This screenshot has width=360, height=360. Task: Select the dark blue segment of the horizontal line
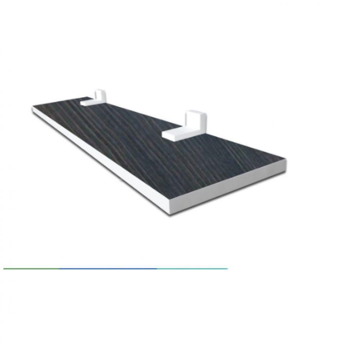(x=108, y=269)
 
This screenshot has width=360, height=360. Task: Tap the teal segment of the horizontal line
(x=192, y=269)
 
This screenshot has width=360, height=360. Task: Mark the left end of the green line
(x=4, y=269)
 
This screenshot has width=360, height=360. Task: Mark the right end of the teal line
(x=228, y=269)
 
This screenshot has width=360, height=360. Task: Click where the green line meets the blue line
(x=59, y=269)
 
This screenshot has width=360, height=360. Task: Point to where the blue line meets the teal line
(x=157, y=269)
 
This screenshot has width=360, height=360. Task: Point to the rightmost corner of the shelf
(x=287, y=162)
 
